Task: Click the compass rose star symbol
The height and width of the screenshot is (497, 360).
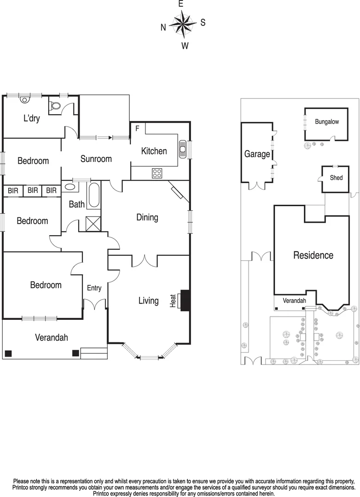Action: tap(183, 24)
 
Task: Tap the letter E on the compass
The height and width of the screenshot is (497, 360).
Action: tap(180, 4)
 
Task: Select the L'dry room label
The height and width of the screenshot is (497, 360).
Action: tap(32, 119)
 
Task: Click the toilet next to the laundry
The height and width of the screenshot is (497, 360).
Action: tap(56, 105)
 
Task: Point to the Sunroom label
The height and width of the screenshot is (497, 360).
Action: tap(96, 159)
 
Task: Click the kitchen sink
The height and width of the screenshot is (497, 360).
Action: tap(183, 150)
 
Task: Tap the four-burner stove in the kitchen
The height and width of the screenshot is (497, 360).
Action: tap(157, 173)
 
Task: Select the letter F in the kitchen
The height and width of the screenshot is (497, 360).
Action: tap(137, 128)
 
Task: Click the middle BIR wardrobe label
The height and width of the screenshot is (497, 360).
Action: tap(32, 190)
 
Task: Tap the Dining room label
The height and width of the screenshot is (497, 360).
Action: tap(147, 218)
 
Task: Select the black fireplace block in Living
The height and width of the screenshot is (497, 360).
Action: tap(186, 301)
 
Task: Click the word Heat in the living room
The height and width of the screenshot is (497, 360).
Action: tap(174, 301)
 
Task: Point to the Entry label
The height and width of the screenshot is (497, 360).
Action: tap(94, 288)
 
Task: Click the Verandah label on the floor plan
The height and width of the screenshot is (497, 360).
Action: tap(52, 337)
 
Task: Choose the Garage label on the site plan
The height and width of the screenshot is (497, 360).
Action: tap(257, 154)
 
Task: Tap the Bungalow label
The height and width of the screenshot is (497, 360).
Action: tap(327, 122)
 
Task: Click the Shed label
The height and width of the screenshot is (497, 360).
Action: tap(336, 178)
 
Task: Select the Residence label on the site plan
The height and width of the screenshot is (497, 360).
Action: tap(313, 255)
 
